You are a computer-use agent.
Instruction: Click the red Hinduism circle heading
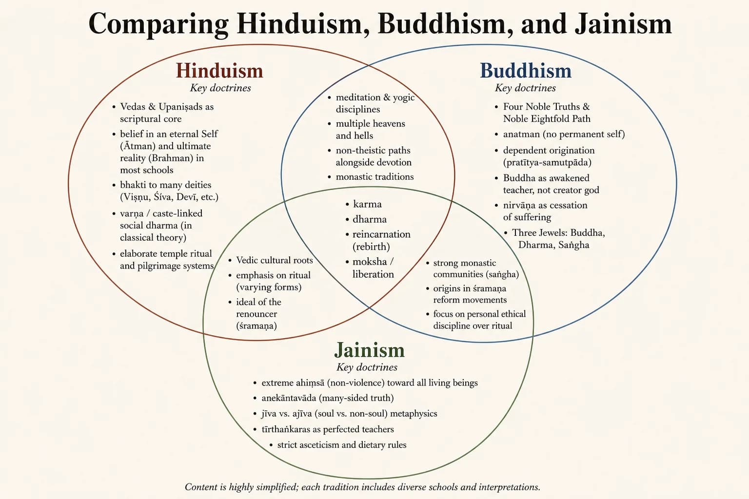[220, 71]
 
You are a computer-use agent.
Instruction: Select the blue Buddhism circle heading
[526, 71]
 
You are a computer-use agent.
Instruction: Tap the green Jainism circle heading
[370, 350]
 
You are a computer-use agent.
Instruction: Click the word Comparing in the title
[159, 24]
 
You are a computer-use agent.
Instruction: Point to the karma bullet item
[367, 204]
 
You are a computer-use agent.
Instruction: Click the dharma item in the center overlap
[370, 219]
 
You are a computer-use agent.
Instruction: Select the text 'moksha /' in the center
[373, 262]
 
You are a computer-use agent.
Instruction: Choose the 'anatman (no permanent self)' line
[564, 134]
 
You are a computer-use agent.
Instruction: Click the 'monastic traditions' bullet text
[374, 176]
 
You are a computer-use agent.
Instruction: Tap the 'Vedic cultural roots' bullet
[275, 260]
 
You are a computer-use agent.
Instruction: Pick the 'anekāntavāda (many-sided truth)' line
[328, 398]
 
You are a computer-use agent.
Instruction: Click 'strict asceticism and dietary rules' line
[342, 445]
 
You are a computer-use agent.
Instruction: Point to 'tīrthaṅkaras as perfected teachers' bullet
[328, 429]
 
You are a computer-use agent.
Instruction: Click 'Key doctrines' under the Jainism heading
[367, 367]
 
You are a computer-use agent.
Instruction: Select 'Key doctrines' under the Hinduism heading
[220, 88]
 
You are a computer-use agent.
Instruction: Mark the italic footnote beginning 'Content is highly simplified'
[362, 487]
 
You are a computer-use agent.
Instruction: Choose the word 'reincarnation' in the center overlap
[381, 234]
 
